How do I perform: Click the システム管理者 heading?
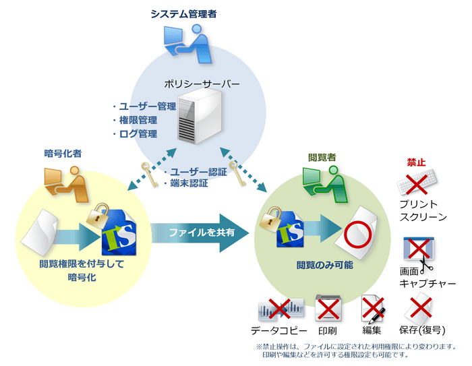(x=183, y=13)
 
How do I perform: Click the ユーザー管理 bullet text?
(x=143, y=106)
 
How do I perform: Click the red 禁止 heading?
(x=416, y=162)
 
